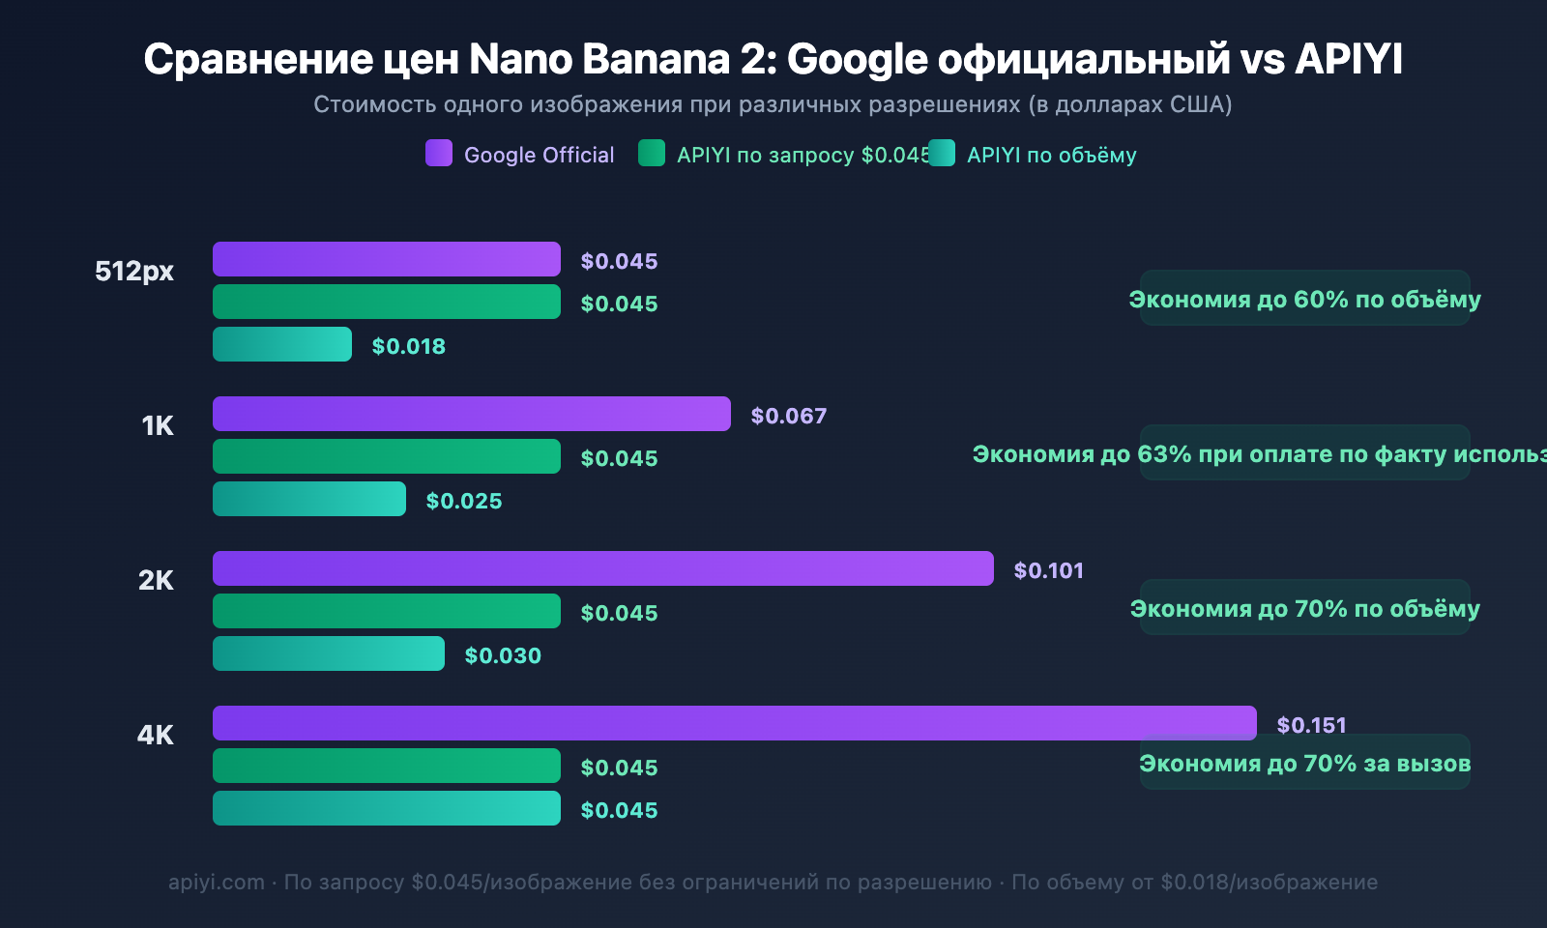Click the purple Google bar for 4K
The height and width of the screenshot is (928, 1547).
coord(735,723)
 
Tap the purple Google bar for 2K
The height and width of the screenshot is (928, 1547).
coord(603,568)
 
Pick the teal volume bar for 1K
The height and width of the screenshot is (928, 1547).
coord(309,499)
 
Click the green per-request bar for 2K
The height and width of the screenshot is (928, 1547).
coord(387,611)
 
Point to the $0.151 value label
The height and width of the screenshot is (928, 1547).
coord(1311,725)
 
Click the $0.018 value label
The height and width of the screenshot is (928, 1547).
coord(408,346)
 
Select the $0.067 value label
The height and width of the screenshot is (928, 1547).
coord(788,416)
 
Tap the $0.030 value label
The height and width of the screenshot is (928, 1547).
coord(503,655)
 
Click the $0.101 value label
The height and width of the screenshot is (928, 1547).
coord(1048,570)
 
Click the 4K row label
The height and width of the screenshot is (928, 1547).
coord(155,735)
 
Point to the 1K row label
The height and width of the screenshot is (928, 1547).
coord(158,425)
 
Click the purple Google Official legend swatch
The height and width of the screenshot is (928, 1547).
coord(439,154)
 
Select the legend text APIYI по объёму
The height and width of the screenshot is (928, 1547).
coord(1051,155)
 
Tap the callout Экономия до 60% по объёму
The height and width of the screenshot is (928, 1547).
coord(1304,299)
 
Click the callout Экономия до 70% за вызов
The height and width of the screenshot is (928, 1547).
coord(1304,763)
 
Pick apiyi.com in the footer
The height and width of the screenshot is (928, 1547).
coord(217,882)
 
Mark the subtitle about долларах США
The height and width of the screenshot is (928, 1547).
coord(773,104)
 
